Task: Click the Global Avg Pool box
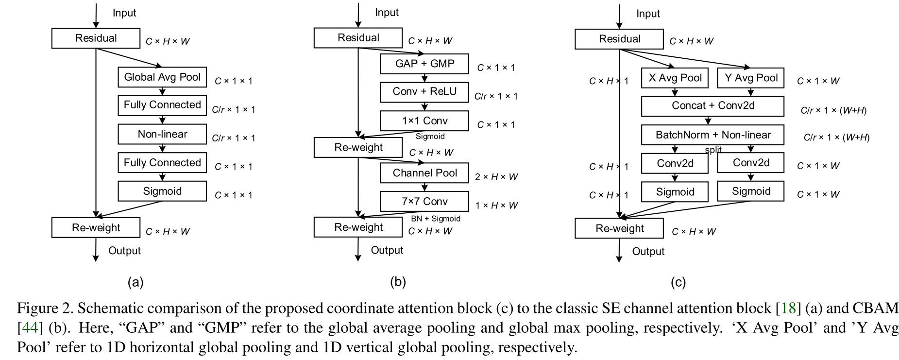point(162,77)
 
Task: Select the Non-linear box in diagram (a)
point(162,134)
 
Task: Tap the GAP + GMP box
point(424,64)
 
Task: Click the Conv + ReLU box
point(424,92)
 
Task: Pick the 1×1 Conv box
point(424,121)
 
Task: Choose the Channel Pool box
point(424,173)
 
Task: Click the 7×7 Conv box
point(424,201)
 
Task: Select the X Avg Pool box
point(675,78)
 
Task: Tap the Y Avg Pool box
point(751,78)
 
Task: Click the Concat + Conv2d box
point(712,106)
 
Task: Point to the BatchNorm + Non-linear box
point(712,135)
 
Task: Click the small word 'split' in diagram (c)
point(713,150)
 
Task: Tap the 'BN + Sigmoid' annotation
point(436,219)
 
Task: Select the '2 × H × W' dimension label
point(496,177)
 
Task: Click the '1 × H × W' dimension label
point(496,206)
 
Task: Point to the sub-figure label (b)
point(398,282)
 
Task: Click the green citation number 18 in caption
point(789,308)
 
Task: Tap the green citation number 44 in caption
point(30,328)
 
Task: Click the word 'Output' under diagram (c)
point(648,251)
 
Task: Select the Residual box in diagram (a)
point(96,38)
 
